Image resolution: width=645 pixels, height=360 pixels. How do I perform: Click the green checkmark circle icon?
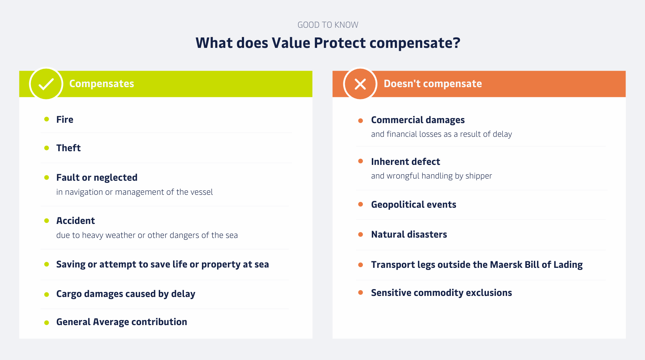tap(46, 84)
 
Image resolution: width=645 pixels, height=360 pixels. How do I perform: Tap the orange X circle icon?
tap(360, 84)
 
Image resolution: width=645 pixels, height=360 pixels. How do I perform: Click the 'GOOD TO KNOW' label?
tap(328, 25)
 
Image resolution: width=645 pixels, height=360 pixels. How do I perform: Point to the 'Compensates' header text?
tap(102, 84)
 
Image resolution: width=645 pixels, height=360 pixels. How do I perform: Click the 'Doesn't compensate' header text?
tap(433, 84)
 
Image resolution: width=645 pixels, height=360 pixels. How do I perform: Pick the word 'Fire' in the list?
tap(65, 120)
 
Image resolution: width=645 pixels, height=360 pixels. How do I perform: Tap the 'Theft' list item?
tap(68, 148)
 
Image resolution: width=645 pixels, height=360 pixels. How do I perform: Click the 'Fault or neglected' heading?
tap(97, 177)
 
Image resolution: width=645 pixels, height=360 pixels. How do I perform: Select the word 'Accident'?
tap(76, 221)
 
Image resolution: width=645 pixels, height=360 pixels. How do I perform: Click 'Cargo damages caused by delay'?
tap(126, 294)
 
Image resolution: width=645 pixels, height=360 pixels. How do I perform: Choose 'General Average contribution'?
tap(122, 322)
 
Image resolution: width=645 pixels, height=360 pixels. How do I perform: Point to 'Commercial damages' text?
tap(418, 120)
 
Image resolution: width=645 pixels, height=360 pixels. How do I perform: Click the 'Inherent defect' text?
tap(406, 162)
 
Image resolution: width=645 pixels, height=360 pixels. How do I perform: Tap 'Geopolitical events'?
tap(414, 204)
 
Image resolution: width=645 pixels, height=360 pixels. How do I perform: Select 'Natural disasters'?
tap(409, 234)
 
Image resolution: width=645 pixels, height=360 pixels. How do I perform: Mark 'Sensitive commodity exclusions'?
tap(441, 293)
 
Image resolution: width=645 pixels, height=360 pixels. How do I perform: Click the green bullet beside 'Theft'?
tap(46, 148)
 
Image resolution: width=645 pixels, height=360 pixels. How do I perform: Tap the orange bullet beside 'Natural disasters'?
tap(361, 234)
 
